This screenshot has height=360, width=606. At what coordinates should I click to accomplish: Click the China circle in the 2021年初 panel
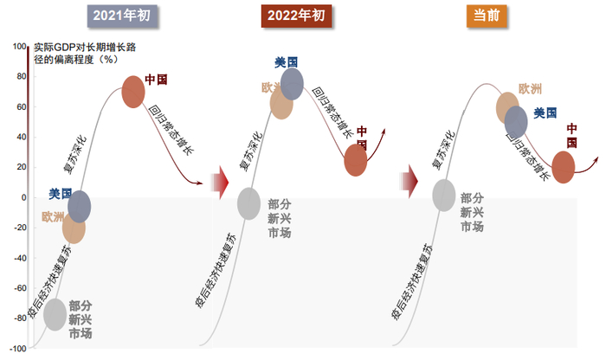click(132, 91)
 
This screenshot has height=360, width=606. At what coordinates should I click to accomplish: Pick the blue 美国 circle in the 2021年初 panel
click(80, 206)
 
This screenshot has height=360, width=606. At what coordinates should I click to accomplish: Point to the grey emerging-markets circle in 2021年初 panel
click(55, 313)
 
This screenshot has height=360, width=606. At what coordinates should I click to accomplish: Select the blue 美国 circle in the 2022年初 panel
click(292, 83)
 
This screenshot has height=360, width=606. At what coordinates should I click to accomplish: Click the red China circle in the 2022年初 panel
click(356, 159)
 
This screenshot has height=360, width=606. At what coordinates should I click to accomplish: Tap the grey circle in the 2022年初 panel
click(248, 203)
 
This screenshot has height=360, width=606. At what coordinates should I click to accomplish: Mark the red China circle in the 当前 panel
click(564, 167)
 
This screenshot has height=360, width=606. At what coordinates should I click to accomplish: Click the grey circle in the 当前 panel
click(444, 195)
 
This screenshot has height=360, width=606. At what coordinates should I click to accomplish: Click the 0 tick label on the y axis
click(23, 197)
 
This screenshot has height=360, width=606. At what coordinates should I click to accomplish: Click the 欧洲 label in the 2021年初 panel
click(53, 216)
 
